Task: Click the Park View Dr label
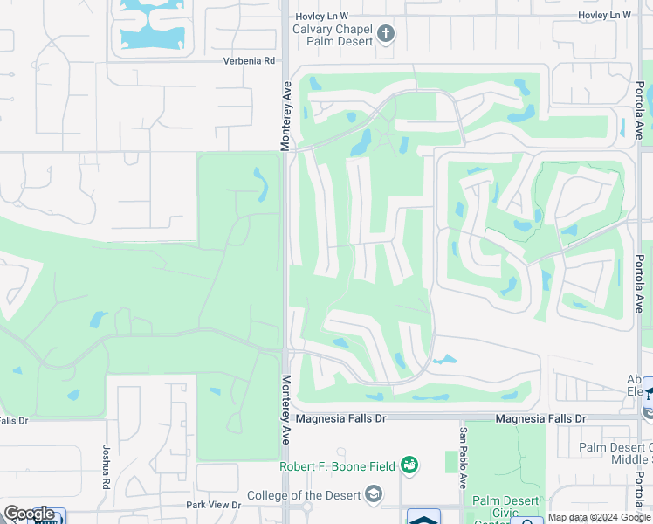tap(212, 505)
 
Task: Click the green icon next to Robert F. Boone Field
tap(409, 465)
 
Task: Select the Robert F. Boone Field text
tap(339, 465)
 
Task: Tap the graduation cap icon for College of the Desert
tap(373, 495)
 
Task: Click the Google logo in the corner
tap(29, 514)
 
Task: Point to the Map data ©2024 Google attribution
tap(599, 517)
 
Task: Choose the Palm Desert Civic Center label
tap(502, 507)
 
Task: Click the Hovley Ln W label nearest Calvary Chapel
tap(320, 16)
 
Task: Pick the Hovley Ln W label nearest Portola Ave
tap(604, 16)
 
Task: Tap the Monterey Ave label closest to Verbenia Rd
tap(285, 115)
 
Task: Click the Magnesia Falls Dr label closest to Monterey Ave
tap(340, 419)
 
